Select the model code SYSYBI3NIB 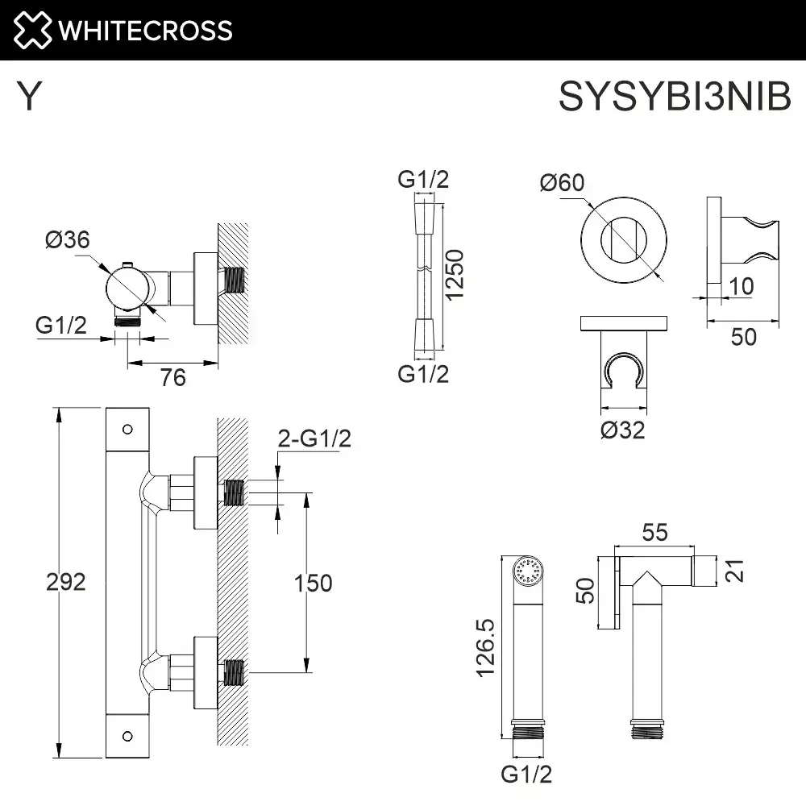coord(675,98)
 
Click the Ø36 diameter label coord(68,240)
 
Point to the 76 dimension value coord(172,376)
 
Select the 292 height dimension coord(65,582)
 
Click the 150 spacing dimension coord(312,582)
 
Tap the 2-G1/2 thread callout coord(314,439)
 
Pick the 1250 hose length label coord(456,274)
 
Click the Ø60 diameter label coord(561,183)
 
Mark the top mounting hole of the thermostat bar coord(127,429)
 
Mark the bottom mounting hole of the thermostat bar coord(127,735)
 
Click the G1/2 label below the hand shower coord(526,775)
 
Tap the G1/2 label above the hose coord(423,180)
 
